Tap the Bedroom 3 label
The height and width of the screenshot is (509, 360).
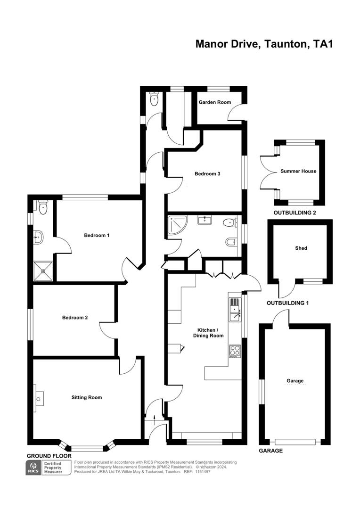(207, 174)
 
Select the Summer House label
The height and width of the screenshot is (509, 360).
(298, 171)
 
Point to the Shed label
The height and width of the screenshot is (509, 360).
(301, 248)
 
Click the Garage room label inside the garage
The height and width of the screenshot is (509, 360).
(295, 381)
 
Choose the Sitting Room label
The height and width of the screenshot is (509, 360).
(87, 397)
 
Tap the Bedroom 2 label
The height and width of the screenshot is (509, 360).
(75, 318)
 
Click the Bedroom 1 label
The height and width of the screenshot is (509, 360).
(97, 235)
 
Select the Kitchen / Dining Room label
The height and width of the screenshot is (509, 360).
(208, 333)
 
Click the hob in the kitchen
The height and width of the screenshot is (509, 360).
(235, 351)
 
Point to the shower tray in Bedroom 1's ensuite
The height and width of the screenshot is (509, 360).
(43, 271)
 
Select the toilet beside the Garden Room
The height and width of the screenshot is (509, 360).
(154, 99)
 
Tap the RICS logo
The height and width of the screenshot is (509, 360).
(33, 468)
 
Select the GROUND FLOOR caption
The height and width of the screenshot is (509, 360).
(49, 456)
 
